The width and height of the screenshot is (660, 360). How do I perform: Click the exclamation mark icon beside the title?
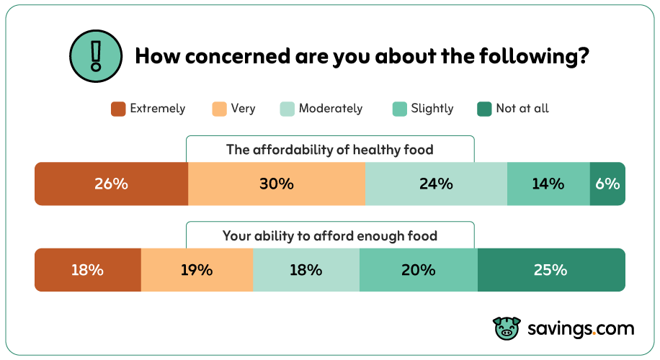[x=95, y=55]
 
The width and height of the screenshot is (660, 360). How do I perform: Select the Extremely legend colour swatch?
[x=119, y=109]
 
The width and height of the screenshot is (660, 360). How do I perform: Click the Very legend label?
[x=243, y=109]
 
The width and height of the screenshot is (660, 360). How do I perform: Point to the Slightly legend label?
[x=432, y=109]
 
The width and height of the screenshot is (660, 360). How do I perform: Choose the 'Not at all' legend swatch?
[x=484, y=109]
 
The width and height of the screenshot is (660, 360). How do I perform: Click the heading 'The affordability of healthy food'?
[x=330, y=150]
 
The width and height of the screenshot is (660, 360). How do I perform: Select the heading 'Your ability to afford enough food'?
[x=330, y=235]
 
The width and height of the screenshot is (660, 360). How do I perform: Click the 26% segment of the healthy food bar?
[x=111, y=184]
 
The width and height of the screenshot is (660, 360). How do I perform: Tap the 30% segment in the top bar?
[x=277, y=184]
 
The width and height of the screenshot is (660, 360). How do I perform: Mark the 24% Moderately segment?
[x=436, y=184]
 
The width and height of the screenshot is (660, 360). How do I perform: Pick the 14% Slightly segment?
[x=548, y=184]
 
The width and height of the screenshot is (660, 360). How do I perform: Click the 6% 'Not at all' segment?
[x=607, y=184]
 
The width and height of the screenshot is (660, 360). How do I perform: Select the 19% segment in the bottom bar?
[x=197, y=270]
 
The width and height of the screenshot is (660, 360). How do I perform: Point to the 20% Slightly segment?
[x=418, y=270]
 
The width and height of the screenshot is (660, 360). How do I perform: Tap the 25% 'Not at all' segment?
[x=550, y=270]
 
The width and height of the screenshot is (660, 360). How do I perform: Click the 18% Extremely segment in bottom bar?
[x=87, y=270]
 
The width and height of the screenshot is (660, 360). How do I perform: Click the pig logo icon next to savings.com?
[x=507, y=328]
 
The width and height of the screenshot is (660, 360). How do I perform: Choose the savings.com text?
[x=580, y=328]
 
